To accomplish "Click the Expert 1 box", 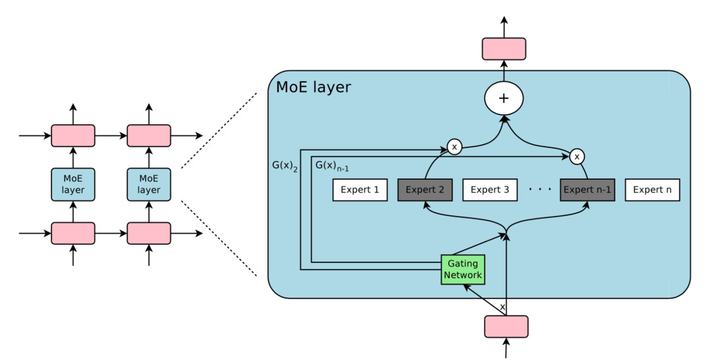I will click(360, 190).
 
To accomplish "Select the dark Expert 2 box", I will click(424, 190).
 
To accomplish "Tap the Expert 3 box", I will click(490, 190).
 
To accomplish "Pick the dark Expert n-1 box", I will click(588, 190).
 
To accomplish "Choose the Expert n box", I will click(652, 190).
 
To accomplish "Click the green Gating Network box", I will click(463, 269).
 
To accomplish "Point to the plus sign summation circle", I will click(504, 98).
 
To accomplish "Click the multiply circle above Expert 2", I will click(454, 147).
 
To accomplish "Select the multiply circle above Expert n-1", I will click(578, 157).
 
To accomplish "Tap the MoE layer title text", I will click(314, 87).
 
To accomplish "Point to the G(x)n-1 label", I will click(332, 164).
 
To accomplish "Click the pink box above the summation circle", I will click(504, 49).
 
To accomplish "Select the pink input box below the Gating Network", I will click(506, 326).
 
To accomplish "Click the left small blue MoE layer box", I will click(73, 184).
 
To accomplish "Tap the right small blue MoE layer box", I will click(149, 184).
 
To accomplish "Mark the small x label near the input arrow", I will click(502, 307).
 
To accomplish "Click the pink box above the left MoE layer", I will click(73, 135).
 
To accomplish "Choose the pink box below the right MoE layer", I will click(149, 233).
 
